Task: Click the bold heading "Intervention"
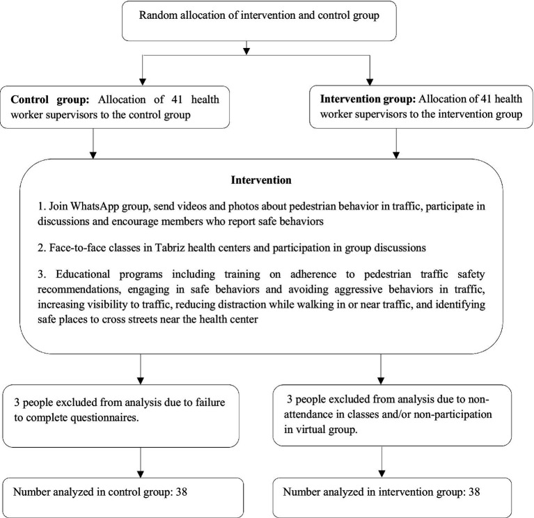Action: coord(261,180)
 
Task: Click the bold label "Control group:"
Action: coord(50,100)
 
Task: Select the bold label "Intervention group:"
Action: coord(368,99)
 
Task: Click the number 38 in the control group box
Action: coord(182,492)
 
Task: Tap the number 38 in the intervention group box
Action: coord(474,492)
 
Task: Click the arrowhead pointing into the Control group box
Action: coord(143,82)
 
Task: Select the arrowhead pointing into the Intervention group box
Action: coord(370,82)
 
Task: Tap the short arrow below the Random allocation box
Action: coord(247,47)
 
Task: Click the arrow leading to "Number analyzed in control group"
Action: coord(141,462)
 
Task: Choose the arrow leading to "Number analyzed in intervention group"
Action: coord(382,462)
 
